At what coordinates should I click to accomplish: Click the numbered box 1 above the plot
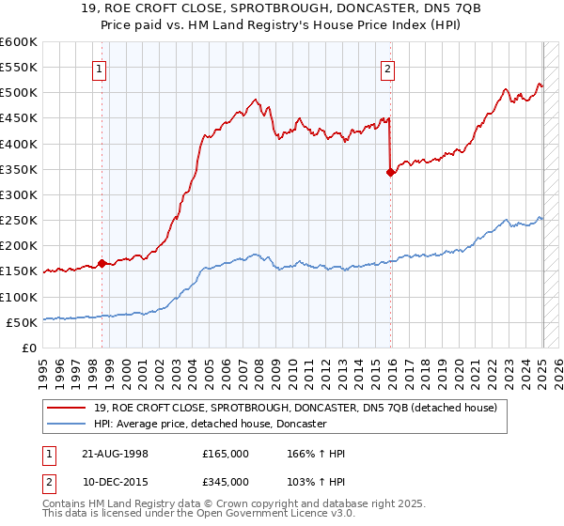[100, 67]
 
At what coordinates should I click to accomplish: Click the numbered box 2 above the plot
[387, 67]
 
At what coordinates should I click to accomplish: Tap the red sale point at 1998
[102, 264]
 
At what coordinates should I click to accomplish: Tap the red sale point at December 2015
[390, 172]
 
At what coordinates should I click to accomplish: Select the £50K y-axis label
[22, 322]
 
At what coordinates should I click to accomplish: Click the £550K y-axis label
[18, 68]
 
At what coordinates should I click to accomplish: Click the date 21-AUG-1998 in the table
[113, 454]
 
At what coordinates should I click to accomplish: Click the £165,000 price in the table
[226, 454]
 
